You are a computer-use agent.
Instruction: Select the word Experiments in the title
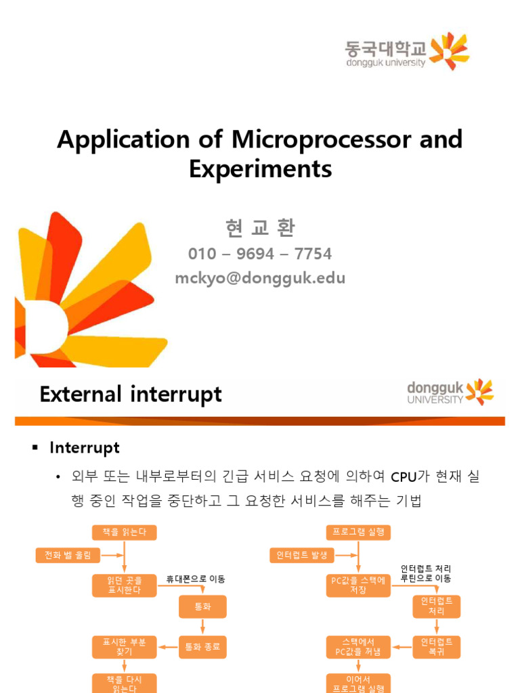click(260, 169)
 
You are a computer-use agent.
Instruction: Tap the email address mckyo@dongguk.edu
click(260, 277)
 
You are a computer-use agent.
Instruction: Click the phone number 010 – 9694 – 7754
click(260, 254)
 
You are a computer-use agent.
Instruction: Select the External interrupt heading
click(131, 394)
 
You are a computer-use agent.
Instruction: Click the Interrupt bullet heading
click(85, 447)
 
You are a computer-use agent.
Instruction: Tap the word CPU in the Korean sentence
click(406, 478)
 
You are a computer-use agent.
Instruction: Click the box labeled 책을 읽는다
click(124, 533)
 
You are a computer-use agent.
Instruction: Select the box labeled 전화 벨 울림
click(68, 556)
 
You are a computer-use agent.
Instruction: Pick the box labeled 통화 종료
click(202, 647)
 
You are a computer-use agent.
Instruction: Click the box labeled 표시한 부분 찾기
click(124, 647)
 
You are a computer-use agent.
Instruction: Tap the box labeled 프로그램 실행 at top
click(358, 533)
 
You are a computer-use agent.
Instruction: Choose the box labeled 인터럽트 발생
click(301, 556)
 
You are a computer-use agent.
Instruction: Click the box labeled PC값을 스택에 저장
click(358, 585)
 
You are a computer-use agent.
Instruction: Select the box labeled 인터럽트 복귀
click(437, 647)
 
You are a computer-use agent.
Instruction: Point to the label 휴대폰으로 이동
click(196, 579)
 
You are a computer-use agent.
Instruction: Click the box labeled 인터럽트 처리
click(437, 606)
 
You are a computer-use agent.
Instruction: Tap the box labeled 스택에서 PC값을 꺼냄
click(358, 647)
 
